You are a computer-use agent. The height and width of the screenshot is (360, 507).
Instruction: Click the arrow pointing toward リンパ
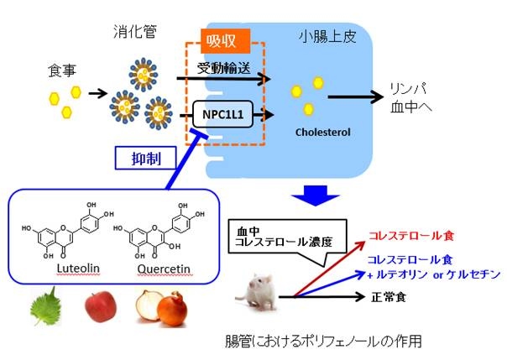click(353, 97)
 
